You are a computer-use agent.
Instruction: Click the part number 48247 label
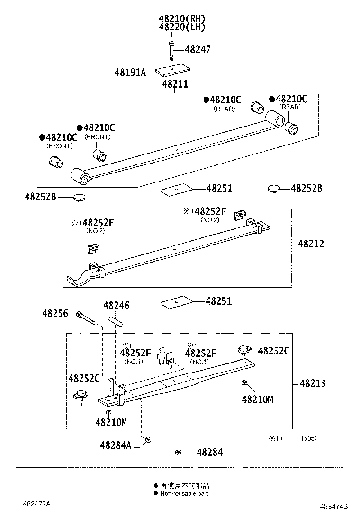tap(198, 50)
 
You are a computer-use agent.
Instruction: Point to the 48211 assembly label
tap(175, 84)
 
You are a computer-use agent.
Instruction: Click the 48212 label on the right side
tap(311, 244)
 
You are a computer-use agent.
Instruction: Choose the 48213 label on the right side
tap(312, 383)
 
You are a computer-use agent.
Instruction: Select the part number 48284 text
tap(209, 453)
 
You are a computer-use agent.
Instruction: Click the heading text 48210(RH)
tap(182, 19)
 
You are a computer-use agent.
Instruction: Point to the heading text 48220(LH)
tap(182, 27)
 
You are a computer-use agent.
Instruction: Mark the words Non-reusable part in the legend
tap(184, 493)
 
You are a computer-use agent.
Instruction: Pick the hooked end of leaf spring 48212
tap(76, 281)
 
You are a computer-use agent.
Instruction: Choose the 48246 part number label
tap(116, 306)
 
